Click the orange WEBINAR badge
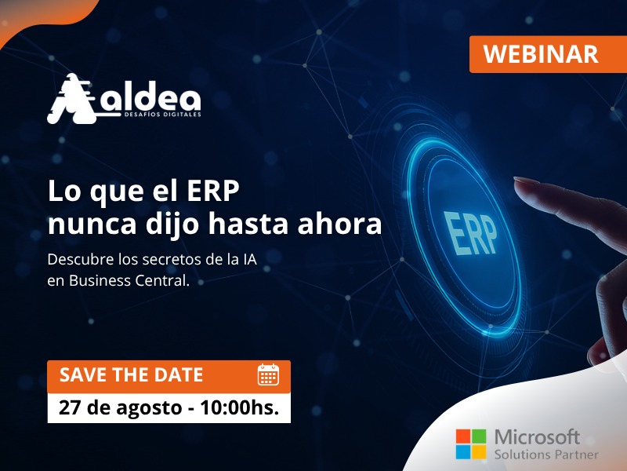(548, 54)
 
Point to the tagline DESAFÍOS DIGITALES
(163, 115)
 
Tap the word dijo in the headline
(172, 225)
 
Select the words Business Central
(129, 280)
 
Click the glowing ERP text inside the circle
(470, 233)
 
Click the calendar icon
(268, 374)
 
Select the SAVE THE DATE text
(131, 375)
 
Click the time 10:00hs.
(240, 407)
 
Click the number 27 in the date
(70, 407)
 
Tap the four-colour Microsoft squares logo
(471, 444)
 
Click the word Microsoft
(537, 437)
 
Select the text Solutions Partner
(546, 455)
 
